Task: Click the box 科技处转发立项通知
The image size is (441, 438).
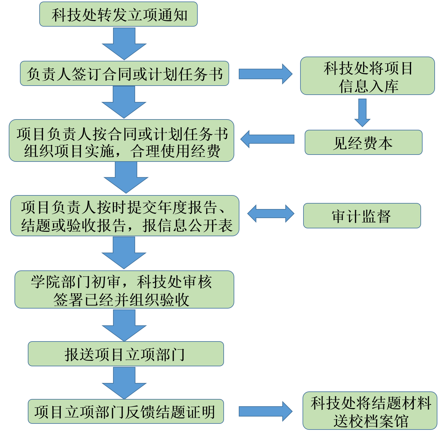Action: coord(118,14)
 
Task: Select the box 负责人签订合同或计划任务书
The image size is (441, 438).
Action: coord(124,74)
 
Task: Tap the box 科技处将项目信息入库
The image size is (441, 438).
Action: coord(367,76)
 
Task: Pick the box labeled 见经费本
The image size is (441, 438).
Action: coord(363,142)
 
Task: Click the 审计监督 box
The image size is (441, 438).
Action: coord(362,216)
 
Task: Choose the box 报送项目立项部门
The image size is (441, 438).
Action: coord(126,354)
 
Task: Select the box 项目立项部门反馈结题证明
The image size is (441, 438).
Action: coord(126,411)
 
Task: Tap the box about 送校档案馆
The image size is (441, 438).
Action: coord(370,411)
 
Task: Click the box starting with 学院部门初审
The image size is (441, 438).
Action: coord(124,289)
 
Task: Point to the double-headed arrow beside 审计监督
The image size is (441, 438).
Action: coord(271,214)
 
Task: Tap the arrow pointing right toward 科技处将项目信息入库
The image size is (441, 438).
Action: coord(266,74)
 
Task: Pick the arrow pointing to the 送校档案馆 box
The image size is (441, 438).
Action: coord(266,411)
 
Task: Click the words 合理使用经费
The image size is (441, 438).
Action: coord(175,151)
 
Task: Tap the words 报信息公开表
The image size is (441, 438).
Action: coord(187,225)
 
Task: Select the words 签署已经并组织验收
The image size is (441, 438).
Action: coord(121,300)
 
